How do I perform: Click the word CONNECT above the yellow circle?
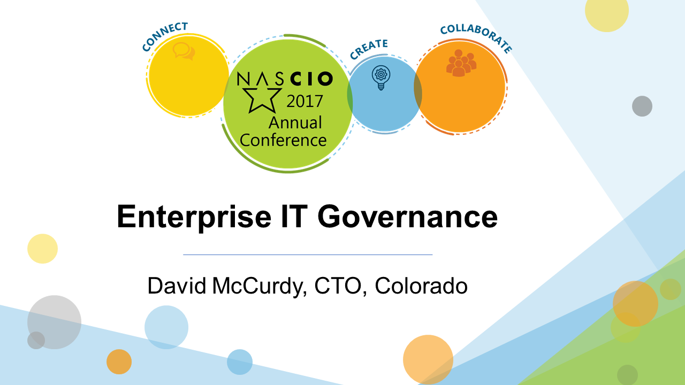click(164, 36)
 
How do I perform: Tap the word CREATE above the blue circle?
click(369, 49)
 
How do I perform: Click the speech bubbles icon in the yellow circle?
click(184, 51)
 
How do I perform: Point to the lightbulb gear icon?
click(381, 78)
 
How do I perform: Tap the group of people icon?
click(461, 63)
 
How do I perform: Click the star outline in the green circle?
click(262, 100)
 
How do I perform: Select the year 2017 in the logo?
click(305, 101)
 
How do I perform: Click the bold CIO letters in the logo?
click(311, 79)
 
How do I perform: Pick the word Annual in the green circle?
click(295, 122)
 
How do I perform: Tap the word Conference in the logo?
click(283, 140)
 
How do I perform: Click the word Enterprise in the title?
click(194, 217)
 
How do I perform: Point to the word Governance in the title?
click(408, 217)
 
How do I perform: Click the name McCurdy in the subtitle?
click(260, 287)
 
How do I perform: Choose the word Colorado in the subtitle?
click(421, 286)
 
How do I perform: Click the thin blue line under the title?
click(308, 255)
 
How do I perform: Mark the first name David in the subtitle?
click(177, 286)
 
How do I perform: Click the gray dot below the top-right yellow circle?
click(642, 106)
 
